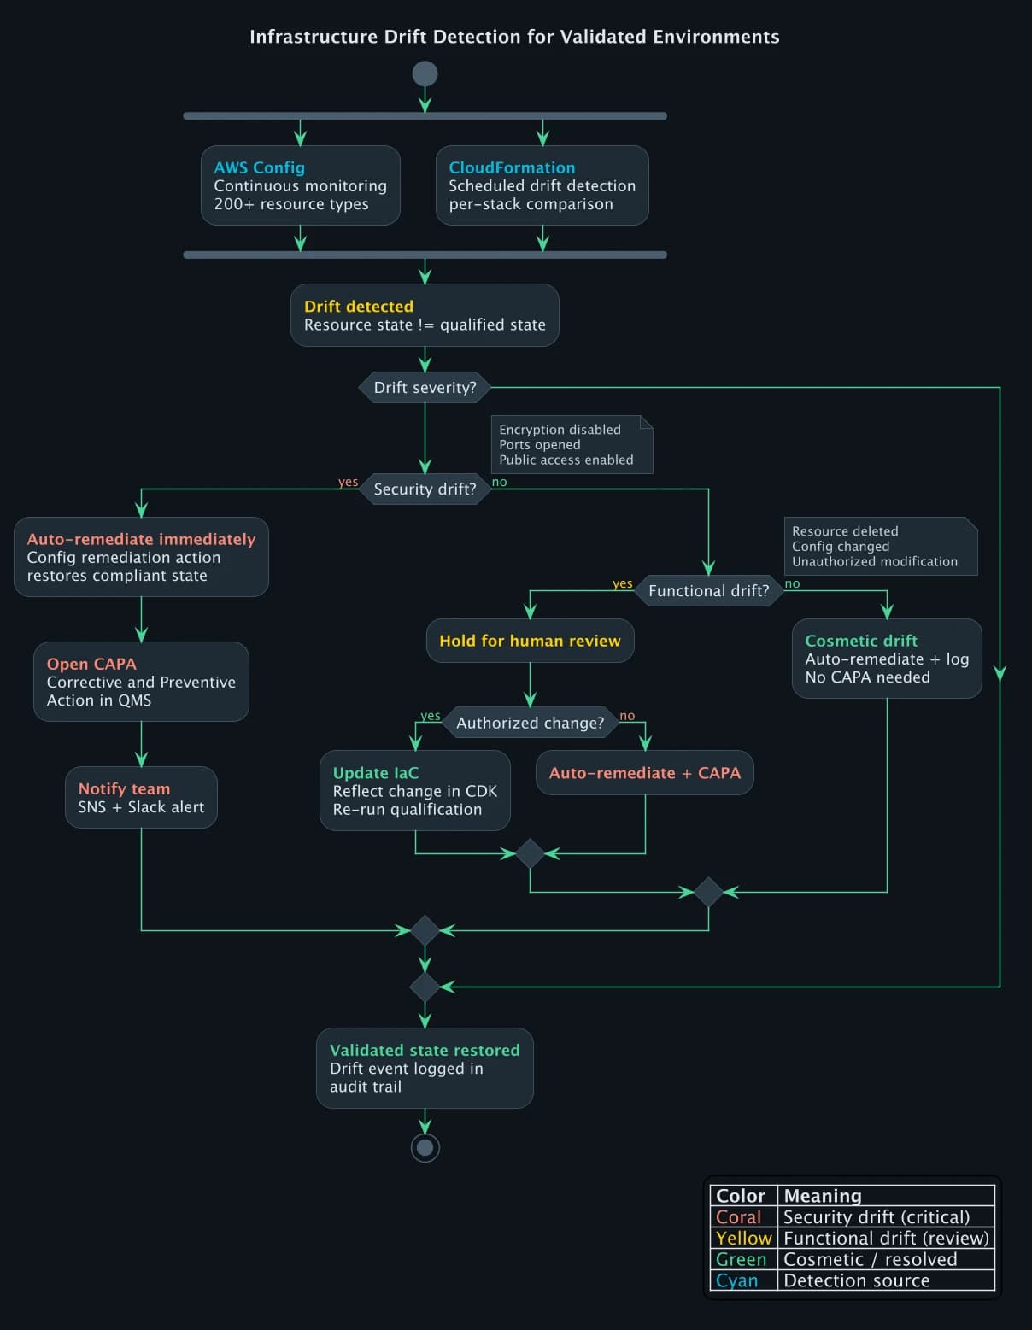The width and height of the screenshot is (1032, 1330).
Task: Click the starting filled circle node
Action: pos(425,73)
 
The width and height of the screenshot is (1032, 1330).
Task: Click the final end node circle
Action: pos(425,1147)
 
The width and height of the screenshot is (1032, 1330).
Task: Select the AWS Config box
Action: pos(300,185)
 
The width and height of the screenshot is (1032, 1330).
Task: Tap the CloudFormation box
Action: pos(542,185)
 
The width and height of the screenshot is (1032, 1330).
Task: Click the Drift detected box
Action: pos(425,315)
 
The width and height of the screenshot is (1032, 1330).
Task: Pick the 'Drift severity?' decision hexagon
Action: pos(425,387)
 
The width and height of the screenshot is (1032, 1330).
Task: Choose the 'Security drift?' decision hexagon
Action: pos(425,489)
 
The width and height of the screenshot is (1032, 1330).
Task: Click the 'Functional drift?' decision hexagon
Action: pos(708,590)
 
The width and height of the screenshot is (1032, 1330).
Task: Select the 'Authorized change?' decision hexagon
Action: pos(530,723)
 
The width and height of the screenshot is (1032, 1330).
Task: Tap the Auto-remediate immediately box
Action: pos(141,557)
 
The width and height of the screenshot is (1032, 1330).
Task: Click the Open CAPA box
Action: pos(141,682)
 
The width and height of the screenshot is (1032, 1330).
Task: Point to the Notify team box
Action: pos(141,798)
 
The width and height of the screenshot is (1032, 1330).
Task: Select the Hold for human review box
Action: pos(530,641)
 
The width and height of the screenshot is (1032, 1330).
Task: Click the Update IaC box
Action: pos(414,791)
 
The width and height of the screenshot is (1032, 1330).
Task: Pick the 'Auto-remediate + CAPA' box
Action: pos(644,773)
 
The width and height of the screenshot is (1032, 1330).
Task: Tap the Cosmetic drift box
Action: pos(887,659)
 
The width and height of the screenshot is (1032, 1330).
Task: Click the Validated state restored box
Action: pos(425,1068)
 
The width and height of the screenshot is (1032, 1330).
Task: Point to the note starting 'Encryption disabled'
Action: pos(572,444)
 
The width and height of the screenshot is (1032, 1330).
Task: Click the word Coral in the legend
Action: pos(738,1217)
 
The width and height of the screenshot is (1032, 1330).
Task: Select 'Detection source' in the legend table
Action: pos(856,1280)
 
